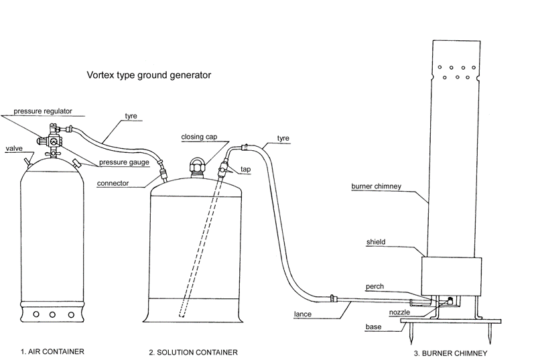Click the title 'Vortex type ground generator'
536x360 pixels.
149,75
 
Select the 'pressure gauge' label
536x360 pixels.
124,162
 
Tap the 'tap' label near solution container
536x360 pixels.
245,170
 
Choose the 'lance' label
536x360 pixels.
303,313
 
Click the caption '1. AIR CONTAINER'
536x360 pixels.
54,351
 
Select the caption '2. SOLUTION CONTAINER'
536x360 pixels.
194,351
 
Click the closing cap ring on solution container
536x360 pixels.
198,162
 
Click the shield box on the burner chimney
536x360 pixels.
452,275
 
